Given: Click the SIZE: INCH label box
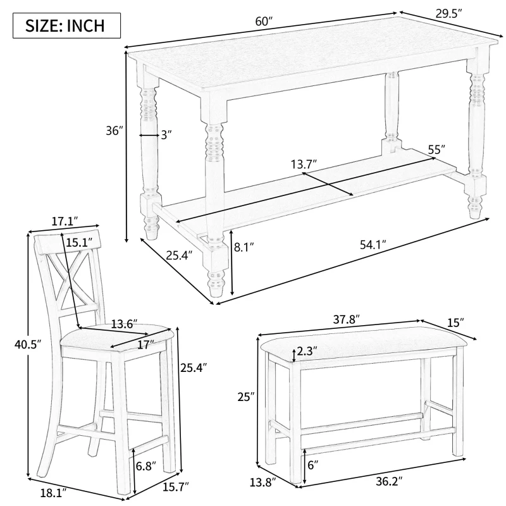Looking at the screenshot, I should click(61, 26).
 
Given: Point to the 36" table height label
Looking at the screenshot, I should click(114, 131).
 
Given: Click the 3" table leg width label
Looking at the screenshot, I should click(166, 135).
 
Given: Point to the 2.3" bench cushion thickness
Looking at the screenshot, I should click(306, 352).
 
